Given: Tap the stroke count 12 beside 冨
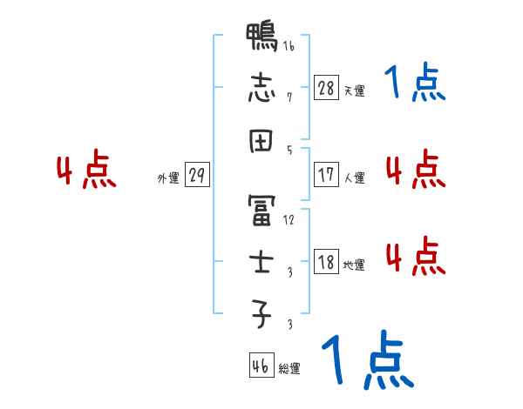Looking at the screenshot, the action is (289, 220).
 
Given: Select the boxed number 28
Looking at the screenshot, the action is (326, 88).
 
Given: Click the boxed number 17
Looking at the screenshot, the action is (326, 175).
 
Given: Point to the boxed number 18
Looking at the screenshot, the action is (326, 263).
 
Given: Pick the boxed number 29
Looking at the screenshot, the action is (197, 175).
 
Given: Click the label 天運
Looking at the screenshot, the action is (354, 91).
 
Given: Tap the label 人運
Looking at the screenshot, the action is (354, 178).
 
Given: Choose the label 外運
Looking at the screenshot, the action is (168, 178).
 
